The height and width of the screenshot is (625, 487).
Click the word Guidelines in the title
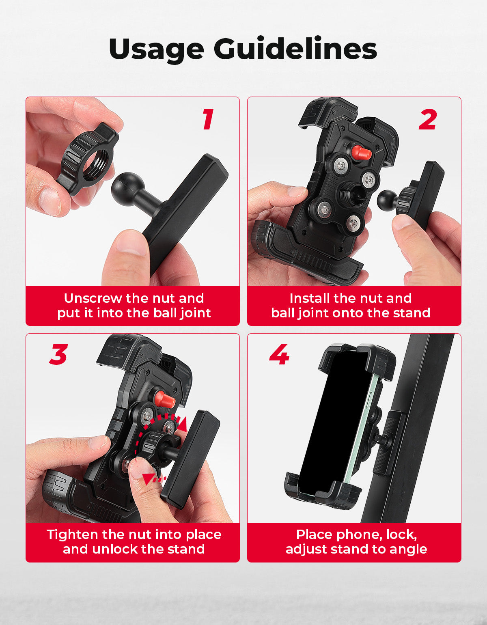[295, 48]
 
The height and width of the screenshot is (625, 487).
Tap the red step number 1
[208, 119]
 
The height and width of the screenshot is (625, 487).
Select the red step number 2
[428, 119]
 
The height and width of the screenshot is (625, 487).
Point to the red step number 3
[58, 354]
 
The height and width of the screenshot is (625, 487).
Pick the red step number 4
[279, 354]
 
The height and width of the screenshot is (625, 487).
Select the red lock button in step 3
[165, 399]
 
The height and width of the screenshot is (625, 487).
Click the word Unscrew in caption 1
[93, 298]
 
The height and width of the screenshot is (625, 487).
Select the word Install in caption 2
[310, 298]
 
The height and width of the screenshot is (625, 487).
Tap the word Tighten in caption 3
[73, 534]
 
